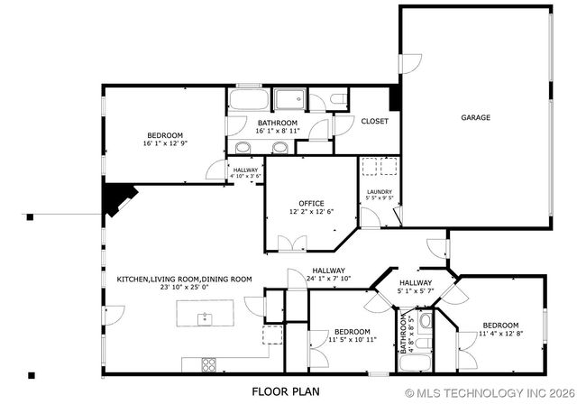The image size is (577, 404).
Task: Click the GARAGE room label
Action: [x=475, y=117]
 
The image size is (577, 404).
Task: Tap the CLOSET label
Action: [x=374, y=121]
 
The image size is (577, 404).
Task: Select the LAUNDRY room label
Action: [x=379, y=191]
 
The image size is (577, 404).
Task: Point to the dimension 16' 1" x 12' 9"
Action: [x=165, y=143]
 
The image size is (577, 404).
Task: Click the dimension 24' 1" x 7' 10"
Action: [x=329, y=279]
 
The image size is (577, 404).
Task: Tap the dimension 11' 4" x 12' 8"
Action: [x=499, y=334]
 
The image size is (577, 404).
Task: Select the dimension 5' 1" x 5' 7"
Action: [x=416, y=291]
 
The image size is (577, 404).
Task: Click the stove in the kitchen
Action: [x=209, y=364]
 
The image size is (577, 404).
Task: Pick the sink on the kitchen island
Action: [x=206, y=317]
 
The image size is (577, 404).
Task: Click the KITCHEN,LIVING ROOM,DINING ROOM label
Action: [x=184, y=280]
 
